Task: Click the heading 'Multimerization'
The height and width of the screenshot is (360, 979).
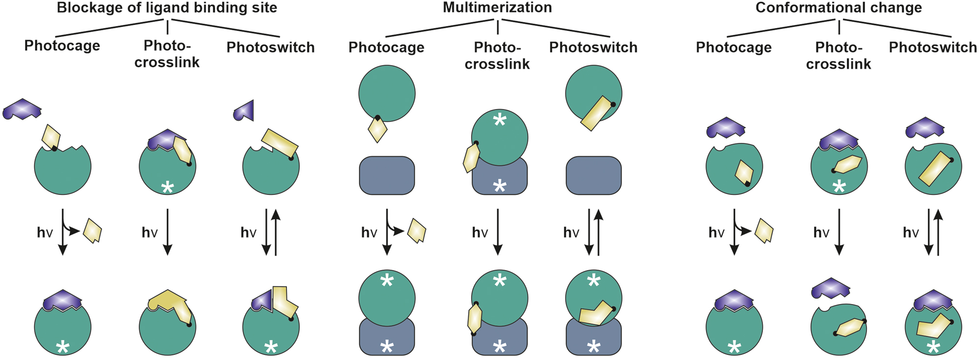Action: [497, 8]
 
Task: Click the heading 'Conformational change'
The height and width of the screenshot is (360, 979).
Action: [839, 8]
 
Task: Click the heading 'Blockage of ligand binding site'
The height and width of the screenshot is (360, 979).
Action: [167, 8]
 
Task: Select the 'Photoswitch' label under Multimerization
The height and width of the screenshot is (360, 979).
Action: [593, 48]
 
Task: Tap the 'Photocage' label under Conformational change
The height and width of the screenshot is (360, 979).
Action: [733, 48]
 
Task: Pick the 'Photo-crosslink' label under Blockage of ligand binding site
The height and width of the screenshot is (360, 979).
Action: [167, 54]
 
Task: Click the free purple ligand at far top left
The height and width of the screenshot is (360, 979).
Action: [22, 109]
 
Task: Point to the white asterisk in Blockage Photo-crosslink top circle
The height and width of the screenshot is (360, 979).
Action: [168, 187]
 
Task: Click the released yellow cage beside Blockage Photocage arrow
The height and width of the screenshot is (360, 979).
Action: [93, 230]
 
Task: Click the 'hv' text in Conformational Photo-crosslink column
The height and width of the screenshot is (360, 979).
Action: [821, 232]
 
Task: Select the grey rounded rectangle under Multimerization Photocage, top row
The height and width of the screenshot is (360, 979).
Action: [387, 175]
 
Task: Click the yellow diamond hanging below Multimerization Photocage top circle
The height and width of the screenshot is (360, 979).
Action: [377, 130]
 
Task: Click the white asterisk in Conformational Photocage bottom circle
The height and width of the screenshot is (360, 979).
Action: [734, 347]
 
